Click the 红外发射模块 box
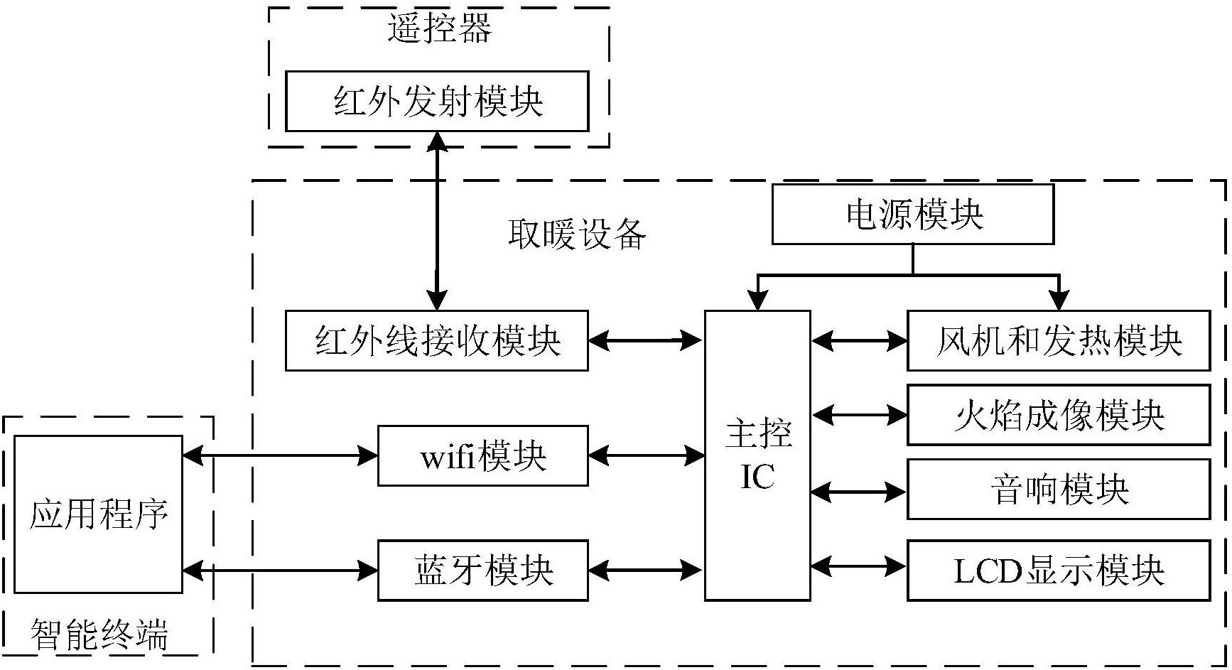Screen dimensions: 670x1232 tap(437, 101)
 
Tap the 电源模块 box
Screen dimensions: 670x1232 tap(912, 214)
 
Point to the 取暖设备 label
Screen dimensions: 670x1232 tap(577, 234)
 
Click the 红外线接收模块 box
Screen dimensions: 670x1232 tap(437, 340)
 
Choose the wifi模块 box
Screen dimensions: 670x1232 tap(482, 456)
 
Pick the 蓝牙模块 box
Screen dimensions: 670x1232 tap(482, 571)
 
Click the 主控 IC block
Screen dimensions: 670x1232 tap(757, 455)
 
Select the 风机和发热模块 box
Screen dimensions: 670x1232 tap(1058, 340)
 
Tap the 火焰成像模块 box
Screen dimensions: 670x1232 tap(1058, 415)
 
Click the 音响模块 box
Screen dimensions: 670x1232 tap(1058, 490)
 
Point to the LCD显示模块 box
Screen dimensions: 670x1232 tap(1058, 571)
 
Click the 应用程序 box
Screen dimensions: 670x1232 tap(98, 514)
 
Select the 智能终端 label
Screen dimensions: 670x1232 tap(99, 634)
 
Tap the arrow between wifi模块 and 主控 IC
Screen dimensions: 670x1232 tap(646, 455)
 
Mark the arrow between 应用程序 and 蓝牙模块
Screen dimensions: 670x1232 tap(280, 570)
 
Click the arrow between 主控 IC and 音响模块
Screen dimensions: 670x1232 tap(858, 491)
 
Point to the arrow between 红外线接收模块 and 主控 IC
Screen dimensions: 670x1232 tap(646, 341)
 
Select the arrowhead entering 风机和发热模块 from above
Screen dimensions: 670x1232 tap(1059, 300)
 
